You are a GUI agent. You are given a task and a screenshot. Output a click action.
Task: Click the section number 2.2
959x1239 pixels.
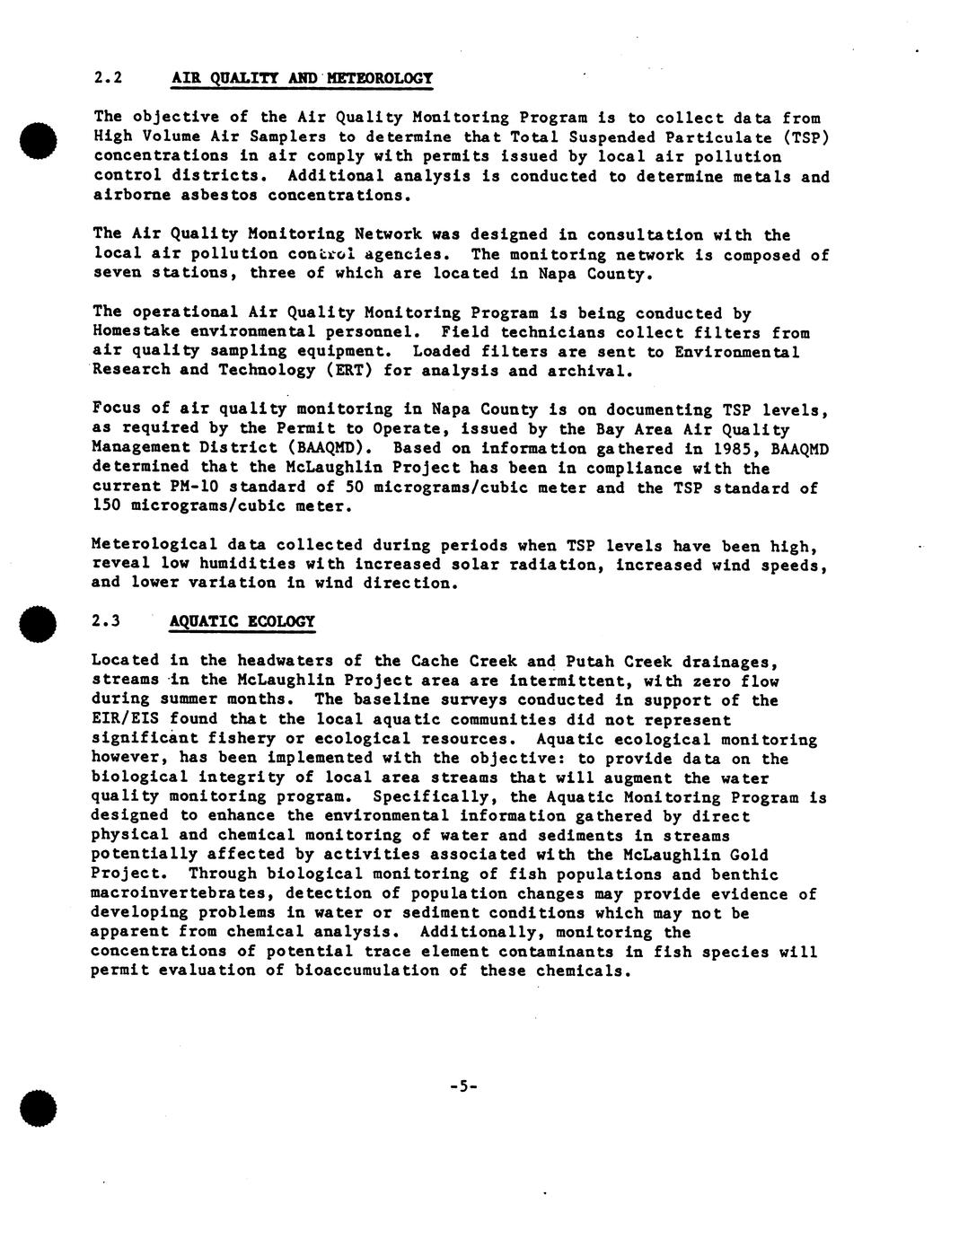[x=107, y=78]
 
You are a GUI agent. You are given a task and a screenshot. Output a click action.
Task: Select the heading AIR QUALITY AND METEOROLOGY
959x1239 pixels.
[x=302, y=78]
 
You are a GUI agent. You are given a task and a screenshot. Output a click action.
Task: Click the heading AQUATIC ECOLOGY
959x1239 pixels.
[x=242, y=621]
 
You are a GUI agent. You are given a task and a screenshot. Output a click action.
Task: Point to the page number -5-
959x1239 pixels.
[x=463, y=1086]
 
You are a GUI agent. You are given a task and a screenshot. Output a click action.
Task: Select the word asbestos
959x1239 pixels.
[x=213, y=196]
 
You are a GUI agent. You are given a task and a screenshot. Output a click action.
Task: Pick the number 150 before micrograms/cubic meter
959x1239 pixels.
[x=107, y=506]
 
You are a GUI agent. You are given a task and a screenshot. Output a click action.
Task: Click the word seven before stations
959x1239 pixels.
[x=117, y=274]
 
